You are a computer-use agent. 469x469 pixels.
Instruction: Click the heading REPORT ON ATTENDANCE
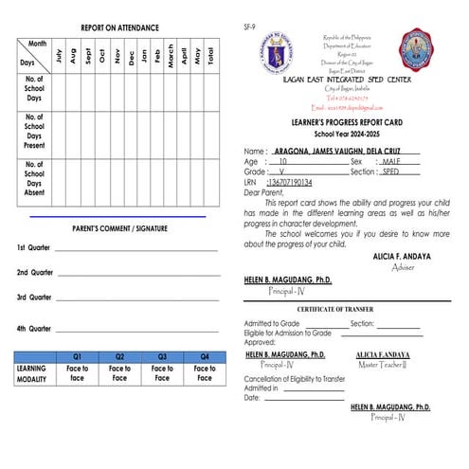(x=119, y=28)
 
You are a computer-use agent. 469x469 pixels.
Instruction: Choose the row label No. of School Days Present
(x=33, y=132)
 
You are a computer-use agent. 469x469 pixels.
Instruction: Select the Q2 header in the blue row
(x=119, y=356)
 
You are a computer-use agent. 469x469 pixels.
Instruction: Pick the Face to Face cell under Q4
(x=205, y=372)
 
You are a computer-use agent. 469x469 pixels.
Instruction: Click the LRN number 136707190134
(x=290, y=182)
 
